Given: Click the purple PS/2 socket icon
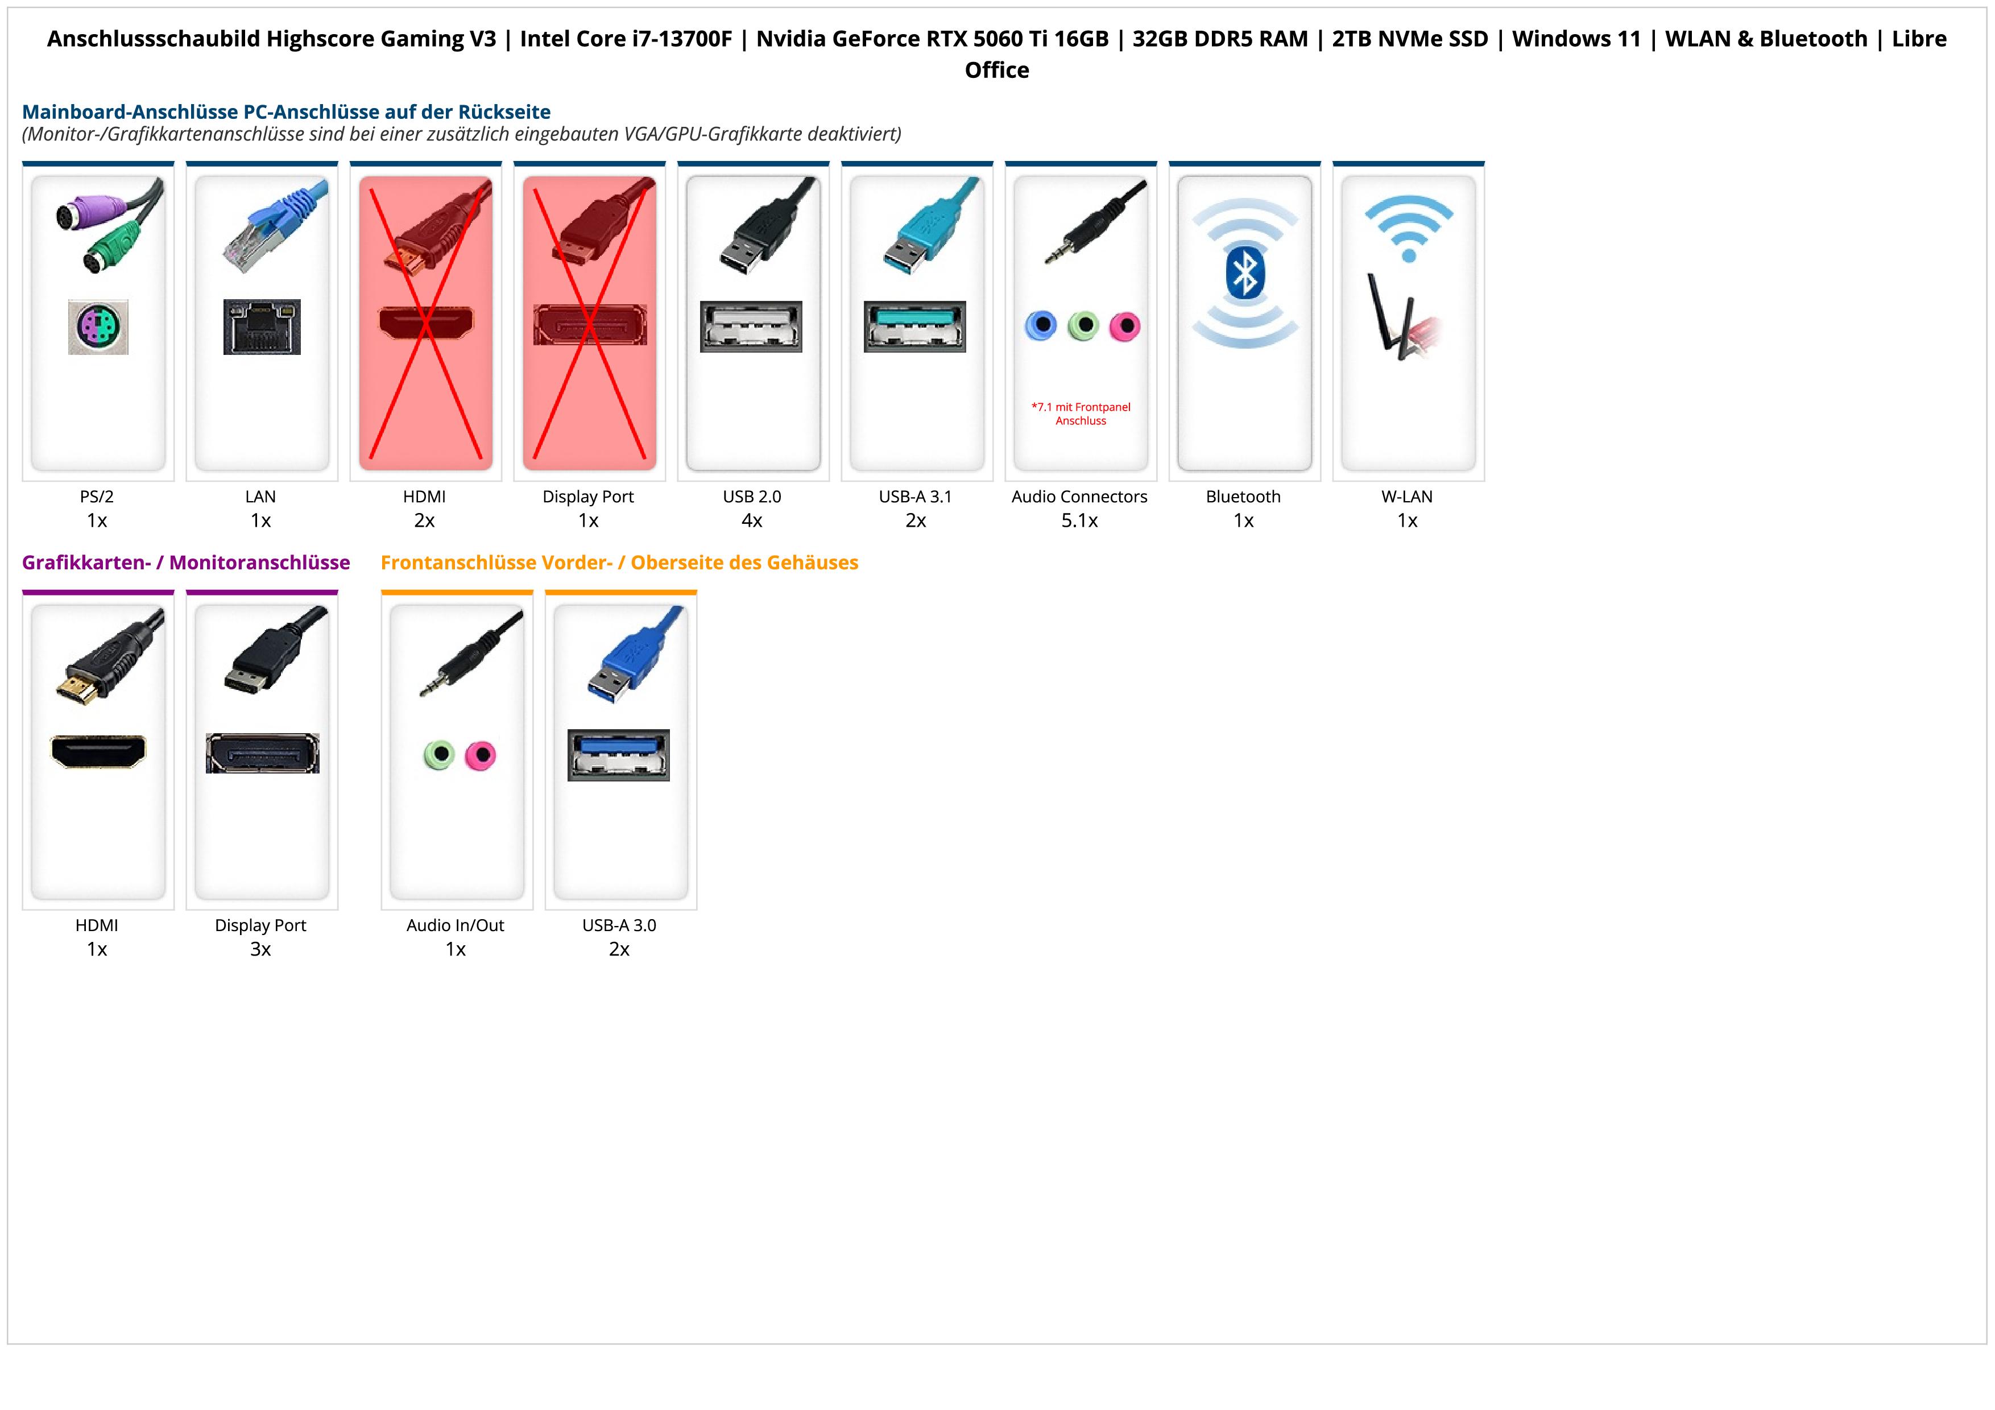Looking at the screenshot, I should pos(98,326).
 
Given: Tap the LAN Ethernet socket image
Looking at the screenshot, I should pos(262,326).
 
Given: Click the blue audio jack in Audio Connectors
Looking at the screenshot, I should pos(1040,326).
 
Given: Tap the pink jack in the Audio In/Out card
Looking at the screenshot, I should pos(479,755).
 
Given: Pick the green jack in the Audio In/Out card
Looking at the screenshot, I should pos(440,754).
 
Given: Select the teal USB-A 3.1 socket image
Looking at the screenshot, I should pos(915,326).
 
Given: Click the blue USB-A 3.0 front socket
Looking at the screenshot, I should pos(619,755).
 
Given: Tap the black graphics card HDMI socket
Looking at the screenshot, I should pos(98,751).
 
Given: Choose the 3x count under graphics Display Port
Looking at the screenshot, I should pos(260,949).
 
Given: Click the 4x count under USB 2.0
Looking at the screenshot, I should pos(752,521).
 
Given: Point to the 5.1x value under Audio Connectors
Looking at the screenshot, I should pos(1079,521).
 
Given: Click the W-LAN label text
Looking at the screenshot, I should pos(1407,497).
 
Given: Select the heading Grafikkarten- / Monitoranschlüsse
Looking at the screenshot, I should pos(186,563).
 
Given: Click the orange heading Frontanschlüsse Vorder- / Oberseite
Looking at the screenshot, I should pos(619,563).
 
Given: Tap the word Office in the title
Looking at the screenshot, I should pos(996,71).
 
